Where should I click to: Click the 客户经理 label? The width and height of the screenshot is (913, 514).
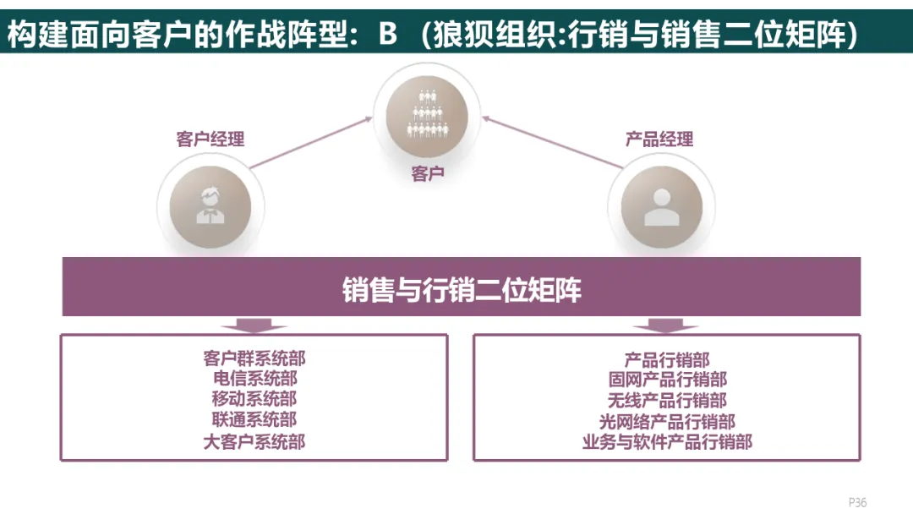click(x=210, y=139)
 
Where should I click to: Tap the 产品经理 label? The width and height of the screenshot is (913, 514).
click(x=659, y=139)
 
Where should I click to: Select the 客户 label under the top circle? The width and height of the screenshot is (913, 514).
click(x=428, y=175)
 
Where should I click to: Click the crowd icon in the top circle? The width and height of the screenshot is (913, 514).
click(x=427, y=114)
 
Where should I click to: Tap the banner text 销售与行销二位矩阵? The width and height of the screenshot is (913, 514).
click(x=462, y=290)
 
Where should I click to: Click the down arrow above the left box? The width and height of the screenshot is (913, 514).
click(x=254, y=325)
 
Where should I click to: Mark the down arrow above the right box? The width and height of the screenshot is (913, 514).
click(x=666, y=325)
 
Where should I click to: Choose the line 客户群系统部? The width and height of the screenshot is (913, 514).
click(x=254, y=358)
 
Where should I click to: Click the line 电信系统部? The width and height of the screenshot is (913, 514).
click(x=254, y=379)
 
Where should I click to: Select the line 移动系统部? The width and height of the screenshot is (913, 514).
click(x=254, y=399)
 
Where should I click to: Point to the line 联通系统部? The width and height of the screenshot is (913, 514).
click(x=254, y=419)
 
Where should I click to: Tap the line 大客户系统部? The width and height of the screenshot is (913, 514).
click(x=254, y=440)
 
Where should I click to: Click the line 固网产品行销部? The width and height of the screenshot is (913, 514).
click(x=667, y=380)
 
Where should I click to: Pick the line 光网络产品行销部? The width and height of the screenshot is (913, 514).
click(x=667, y=421)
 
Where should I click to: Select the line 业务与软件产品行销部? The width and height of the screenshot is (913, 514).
click(x=667, y=441)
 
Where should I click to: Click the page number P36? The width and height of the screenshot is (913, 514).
click(x=857, y=502)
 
